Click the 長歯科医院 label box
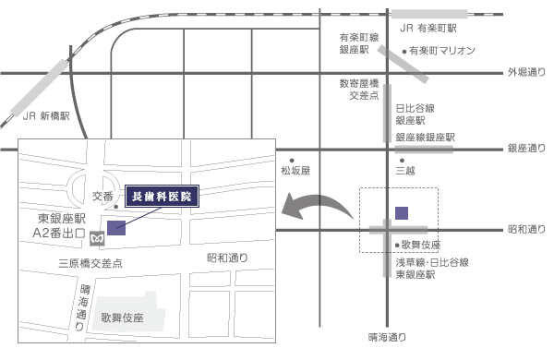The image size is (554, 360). [x=162, y=197]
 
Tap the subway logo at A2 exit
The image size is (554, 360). [x=96, y=235]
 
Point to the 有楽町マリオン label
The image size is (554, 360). [x=441, y=51]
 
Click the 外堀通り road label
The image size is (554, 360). [x=526, y=71]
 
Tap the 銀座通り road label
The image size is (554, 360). [x=526, y=148]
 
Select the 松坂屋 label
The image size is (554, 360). [x=295, y=171]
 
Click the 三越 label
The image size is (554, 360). [x=405, y=171]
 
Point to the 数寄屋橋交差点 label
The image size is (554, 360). [x=356, y=89]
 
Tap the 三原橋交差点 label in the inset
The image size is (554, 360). [x=90, y=263]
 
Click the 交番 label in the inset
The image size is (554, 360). [x=103, y=196]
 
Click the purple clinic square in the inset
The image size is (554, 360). [x=117, y=228]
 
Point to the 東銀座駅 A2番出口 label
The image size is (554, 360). [x=59, y=227]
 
